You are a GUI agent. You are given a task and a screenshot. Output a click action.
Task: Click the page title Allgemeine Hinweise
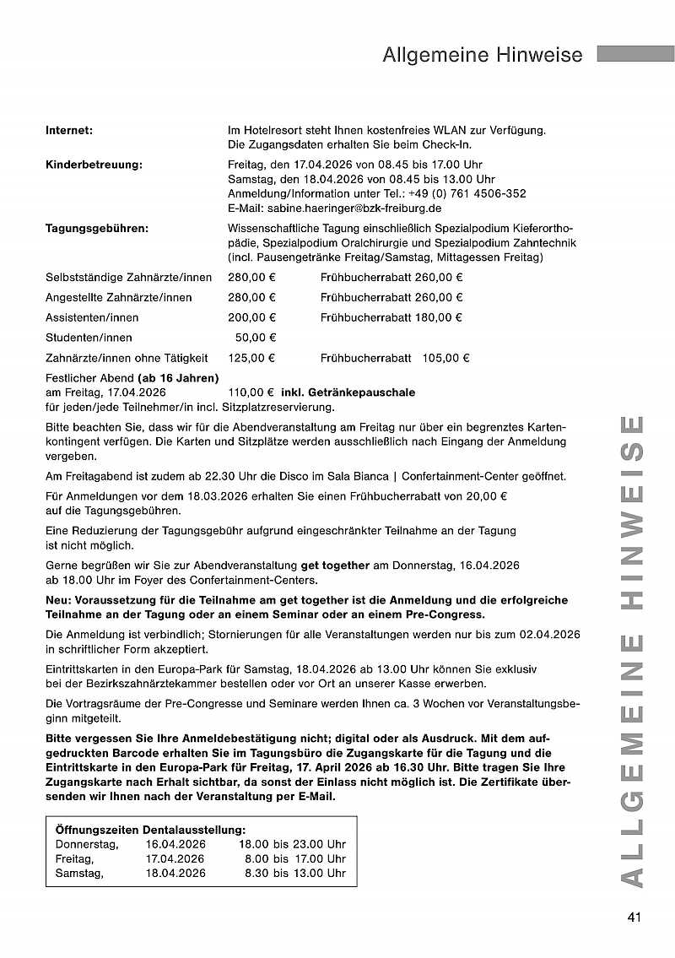coord(482,55)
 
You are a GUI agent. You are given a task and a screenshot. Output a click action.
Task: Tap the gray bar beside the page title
coord(634,53)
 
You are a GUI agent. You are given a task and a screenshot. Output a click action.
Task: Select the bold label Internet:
coord(68,130)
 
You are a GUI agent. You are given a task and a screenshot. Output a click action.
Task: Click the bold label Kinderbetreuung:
coord(94,165)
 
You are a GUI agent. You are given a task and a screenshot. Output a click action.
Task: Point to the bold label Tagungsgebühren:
coord(97,228)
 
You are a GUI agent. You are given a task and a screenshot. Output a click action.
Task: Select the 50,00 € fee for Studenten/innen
coord(255,338)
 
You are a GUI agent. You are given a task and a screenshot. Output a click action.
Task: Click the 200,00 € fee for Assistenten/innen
coord(251,317)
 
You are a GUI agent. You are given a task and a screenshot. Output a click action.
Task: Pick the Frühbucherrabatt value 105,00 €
coord(445,358)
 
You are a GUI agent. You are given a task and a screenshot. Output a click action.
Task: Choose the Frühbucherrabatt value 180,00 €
coord(438,317)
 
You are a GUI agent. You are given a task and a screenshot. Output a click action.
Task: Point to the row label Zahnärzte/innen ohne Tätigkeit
coord(127,358)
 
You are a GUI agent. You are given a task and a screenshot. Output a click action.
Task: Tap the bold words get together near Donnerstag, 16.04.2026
coord(335,566)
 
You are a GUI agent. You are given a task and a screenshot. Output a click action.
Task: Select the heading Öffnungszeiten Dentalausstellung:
coord(150,831)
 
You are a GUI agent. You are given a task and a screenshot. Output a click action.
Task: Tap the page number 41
coord(635,917)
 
